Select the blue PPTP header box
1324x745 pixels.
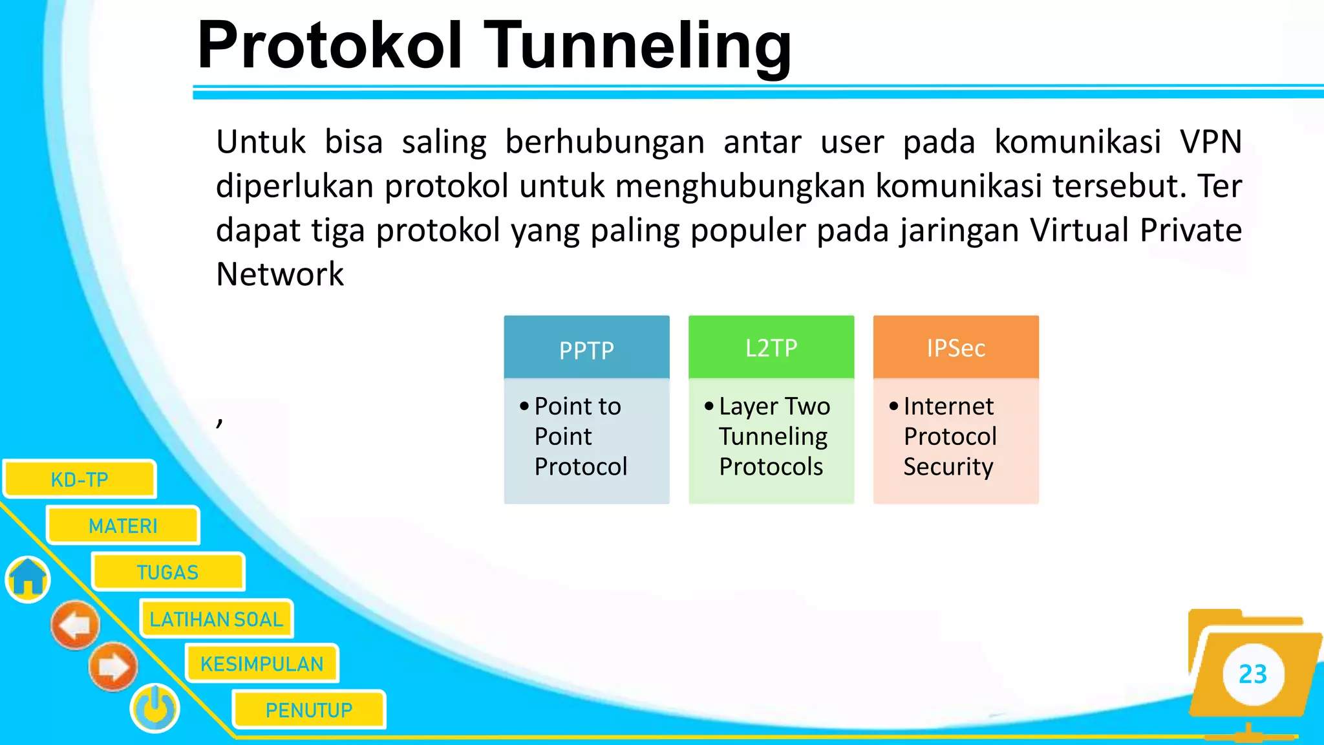pos(586,348)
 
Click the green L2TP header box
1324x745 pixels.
pos(771,347)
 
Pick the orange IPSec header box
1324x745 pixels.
pos(956,347)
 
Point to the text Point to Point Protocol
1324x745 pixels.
pos(580,437)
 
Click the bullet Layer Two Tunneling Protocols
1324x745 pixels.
pos(773,437)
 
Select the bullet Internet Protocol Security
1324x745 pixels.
pos(949,437)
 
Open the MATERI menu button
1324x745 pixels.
pos(123,526)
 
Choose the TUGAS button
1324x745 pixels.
pos(167,572)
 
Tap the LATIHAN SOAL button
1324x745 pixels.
pos(217,619)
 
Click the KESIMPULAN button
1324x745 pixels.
pos(262,664)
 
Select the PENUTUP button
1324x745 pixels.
pos(309,710)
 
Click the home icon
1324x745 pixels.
pos(28,579)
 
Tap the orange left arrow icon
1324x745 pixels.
pos(76,625)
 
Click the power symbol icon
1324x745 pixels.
pos(155,708)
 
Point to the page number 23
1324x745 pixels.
pos(1252,675)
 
